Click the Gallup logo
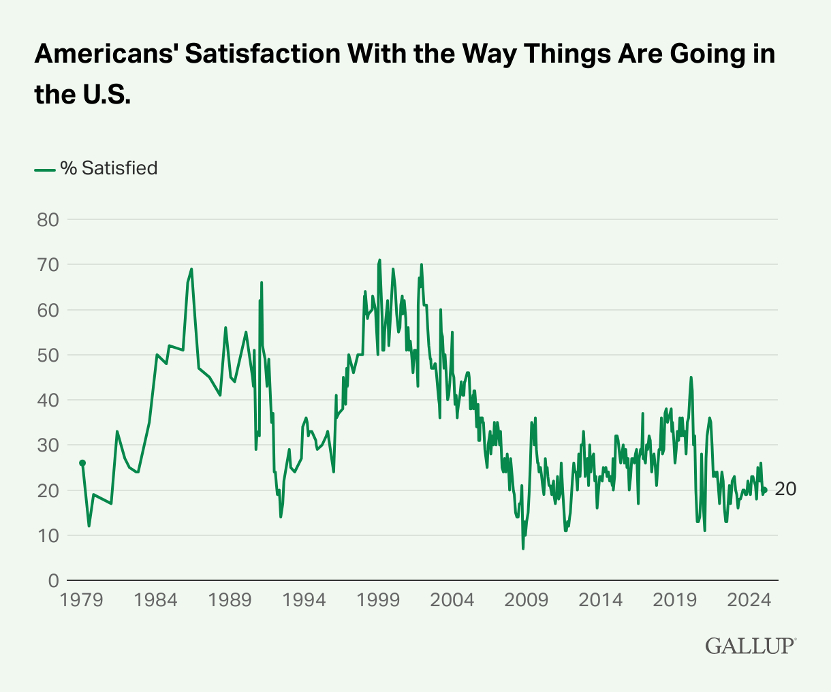point(750,646)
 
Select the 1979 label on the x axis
point(82,601)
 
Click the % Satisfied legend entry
point(96,168)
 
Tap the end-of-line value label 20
point(785,490)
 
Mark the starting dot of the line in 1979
point(82,463)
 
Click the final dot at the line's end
point(765,490)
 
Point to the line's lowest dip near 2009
point(523,548)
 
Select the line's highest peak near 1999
point(379,259)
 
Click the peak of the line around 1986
point(191,269)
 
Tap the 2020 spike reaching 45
point(691,377)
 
